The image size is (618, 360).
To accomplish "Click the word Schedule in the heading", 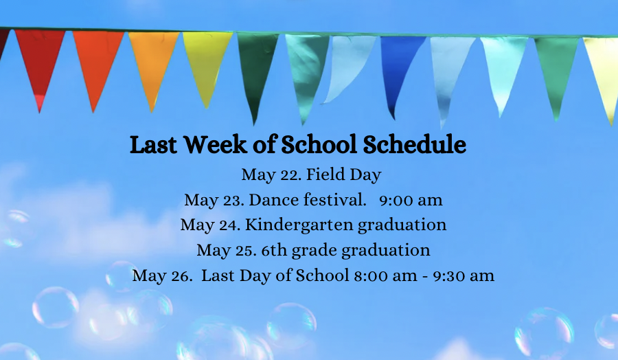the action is click(x=414, y=144).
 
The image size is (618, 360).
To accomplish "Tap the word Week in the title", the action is click(x=215, y=144).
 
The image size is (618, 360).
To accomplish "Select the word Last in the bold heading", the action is click(x=153, y=144).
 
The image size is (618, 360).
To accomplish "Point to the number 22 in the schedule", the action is click(x=290, y=175).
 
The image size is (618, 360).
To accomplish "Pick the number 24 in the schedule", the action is click(x=230, y=225).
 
